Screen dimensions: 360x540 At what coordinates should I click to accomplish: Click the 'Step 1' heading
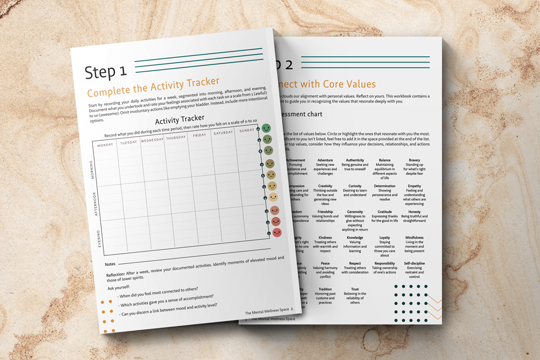coord(106,71)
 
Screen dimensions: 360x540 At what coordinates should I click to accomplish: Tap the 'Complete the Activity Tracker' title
coord(153,86)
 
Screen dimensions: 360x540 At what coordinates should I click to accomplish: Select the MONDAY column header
coord(105,145)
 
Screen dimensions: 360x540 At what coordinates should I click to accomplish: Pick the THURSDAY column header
coord(175,138)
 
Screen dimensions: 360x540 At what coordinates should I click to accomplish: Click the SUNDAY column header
coord(247,130)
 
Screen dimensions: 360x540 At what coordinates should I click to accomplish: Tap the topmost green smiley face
coord(266,128)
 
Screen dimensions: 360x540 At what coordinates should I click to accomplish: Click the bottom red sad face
coord(277,232)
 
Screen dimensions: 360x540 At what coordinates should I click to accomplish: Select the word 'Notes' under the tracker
coord(110,264)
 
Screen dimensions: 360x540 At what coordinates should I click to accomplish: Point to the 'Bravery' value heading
coord(414,160)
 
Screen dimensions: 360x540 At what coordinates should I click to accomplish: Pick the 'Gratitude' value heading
coord(385,212)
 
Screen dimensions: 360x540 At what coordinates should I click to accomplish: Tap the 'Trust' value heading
coord(355,289)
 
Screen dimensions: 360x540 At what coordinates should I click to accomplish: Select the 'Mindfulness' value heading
coord(414,237)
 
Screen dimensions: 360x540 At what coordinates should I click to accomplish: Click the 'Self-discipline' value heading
coord(414,263)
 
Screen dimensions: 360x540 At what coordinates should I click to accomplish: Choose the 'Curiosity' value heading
coord(355,186)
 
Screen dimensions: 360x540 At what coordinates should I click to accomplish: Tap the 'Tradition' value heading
coord(325,289)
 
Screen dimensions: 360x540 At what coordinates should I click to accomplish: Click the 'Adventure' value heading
coord(325,160)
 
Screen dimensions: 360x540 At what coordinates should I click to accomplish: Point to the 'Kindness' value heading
coord(325,237)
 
